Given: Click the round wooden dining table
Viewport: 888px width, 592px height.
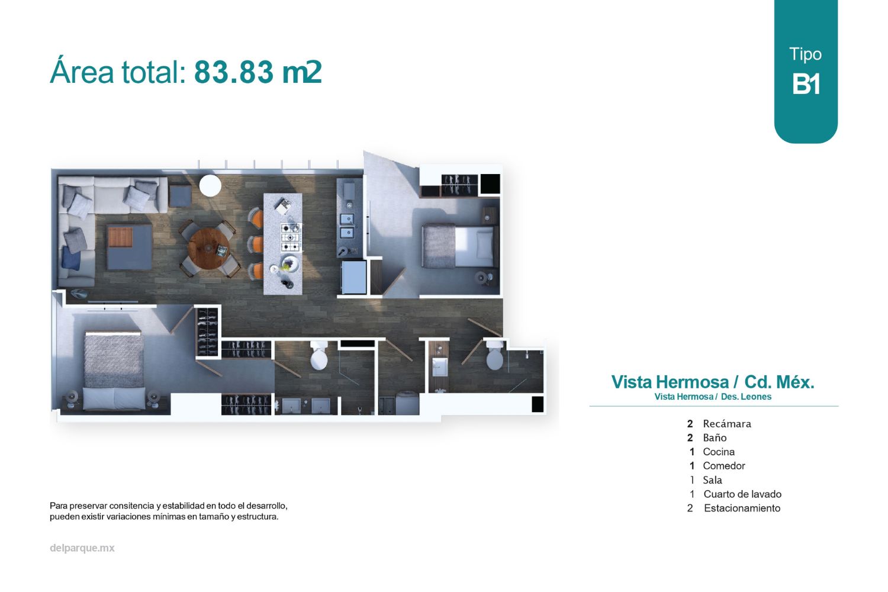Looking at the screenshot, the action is pyautogui.click(x=208, y=249).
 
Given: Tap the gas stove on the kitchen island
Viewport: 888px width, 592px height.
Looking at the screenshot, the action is pyautogui.click(x=291, y=237).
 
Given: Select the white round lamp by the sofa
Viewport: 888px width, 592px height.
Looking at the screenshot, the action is pyautogui.click(x=210, y=185).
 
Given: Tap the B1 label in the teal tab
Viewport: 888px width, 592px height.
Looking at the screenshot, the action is pyautogui.click(x=806, y=83).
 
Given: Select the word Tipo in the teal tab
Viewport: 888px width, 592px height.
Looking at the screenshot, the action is pyautogui.click(x=805, y=54).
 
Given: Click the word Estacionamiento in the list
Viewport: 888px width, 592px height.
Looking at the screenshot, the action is pyautogui.click(x=742, y=508).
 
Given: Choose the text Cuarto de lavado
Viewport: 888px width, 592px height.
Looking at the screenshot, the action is pyautogui.click(x=742, y=494).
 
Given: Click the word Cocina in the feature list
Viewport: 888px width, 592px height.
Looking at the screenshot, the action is pyautogui.click(x=719, y=452).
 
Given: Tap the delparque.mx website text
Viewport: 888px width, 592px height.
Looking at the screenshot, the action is pyautogui.click(x=82, y=548).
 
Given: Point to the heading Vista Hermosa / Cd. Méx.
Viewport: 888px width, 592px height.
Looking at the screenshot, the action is pyautogui.click(x=713, y=382).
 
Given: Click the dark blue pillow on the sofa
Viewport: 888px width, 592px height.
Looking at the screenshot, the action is pyautogui.click(x=72, y=258).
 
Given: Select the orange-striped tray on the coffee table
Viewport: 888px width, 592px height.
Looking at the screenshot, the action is pyautogui.click(x=121, y=236).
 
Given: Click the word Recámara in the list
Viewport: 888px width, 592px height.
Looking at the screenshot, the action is pyautogui.click(x=727, y=424).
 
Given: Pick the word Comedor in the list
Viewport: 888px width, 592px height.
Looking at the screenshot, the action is pyautogui.click(x=724, y=466).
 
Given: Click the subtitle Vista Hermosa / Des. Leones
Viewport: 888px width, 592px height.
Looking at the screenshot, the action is pyautogui.click(x=713, y=397).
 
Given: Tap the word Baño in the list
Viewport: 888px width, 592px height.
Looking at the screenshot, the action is pyautogui.click(x=715, y=437).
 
